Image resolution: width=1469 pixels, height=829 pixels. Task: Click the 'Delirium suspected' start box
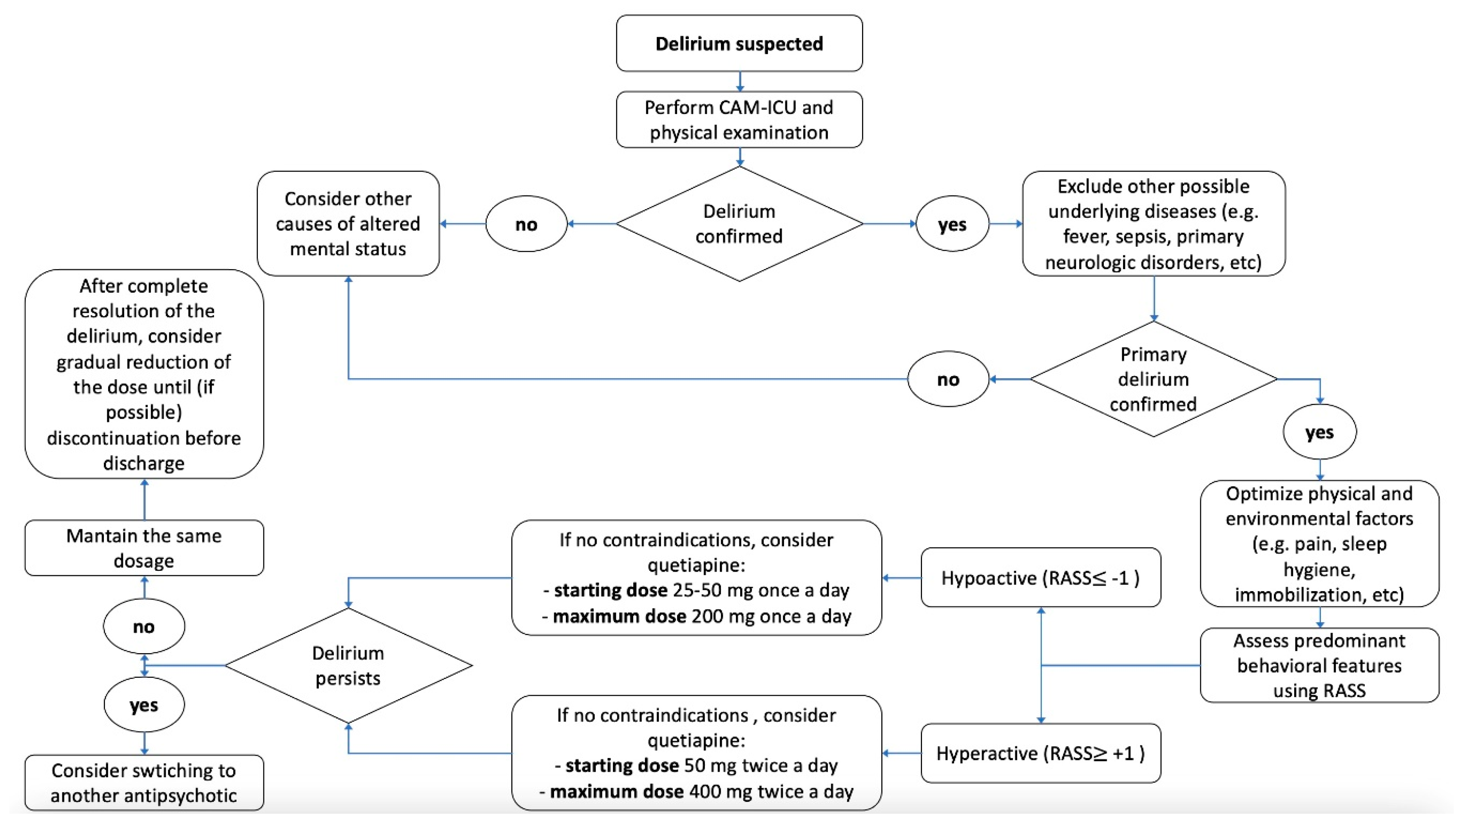pyautogui.click(x=739, y=43)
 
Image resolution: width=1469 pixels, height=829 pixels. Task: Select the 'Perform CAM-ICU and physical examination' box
pyautogui.click(x=739, y=120)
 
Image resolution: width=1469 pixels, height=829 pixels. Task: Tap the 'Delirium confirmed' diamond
pyautogui.click(x=739, y=223)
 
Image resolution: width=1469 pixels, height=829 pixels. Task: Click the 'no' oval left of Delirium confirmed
pyautogui.click(x=526, y=224)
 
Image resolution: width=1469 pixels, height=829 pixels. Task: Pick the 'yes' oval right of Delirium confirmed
pyautogui.click(x=952, y=224)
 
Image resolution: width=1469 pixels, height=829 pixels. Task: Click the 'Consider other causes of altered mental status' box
pyautogui.click(x=348, y=223)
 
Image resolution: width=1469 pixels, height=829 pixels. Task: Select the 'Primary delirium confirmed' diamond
pyautogui.click(x=1153, y=379)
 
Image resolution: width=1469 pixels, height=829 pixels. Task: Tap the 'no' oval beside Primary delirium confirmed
pyautogui.click(x=948, y=379)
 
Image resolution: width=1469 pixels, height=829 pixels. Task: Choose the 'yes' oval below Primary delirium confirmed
pyautogui.click(x=1319, y=432)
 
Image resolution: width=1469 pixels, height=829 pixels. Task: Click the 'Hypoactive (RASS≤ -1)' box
pyautogui.click(x=1040, y=577)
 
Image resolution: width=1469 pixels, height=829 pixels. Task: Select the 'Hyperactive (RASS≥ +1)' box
pyautogui.click(x=1040, y=753)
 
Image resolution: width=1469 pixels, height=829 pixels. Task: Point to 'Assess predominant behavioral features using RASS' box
pyautogui.click(x=1319, y=665)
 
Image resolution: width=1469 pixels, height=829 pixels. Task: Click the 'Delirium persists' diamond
pyautogui.click(x=348, y=665)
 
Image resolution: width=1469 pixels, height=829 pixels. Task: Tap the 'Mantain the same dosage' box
pyautogui.click(x=144, y=548)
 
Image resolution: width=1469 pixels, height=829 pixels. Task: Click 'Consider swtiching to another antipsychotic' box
pyautogui.click(x=144, y=783)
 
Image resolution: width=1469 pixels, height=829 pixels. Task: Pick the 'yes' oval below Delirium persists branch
pyautogui.click(x=144, y=705)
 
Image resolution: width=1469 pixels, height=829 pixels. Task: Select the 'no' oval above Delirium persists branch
pyautogui.click(x=144, y=626)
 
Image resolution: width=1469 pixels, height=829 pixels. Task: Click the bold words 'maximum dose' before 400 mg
pyautogui.click(x=616, y=791)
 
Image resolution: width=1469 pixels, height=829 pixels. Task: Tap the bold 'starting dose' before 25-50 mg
pyautogui.click(x=610, y=590)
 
